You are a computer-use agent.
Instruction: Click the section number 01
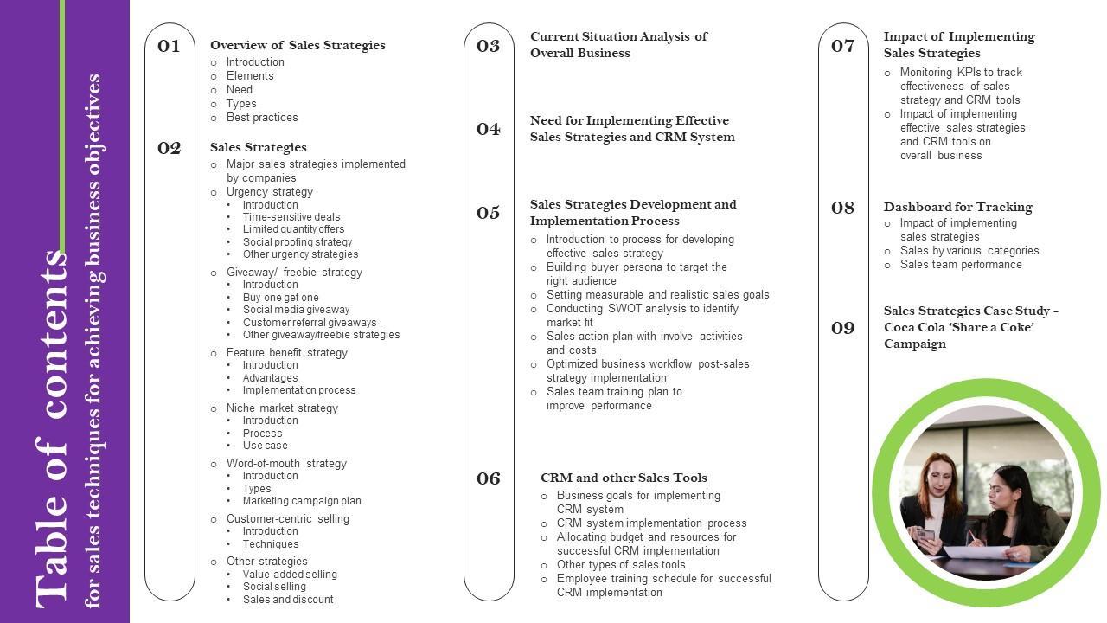[169, 46]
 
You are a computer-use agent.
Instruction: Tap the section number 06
[489, 478]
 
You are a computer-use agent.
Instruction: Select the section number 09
[842, 328]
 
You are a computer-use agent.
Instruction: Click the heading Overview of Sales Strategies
[298, 45]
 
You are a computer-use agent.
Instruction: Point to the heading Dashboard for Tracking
[957, 207]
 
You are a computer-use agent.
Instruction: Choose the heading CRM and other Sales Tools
[624, 478]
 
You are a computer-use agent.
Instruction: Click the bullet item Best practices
[262, 118]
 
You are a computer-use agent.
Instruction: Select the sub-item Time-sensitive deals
[291, 217]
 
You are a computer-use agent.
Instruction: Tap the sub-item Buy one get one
[280, 298]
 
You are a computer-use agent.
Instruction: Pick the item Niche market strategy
[282, 408]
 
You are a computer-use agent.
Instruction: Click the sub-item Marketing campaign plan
[302, 501]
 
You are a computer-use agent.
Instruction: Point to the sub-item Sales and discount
[288, 600]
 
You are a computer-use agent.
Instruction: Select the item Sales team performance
[961, 265]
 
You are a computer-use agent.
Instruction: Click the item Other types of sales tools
[621, 565]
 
